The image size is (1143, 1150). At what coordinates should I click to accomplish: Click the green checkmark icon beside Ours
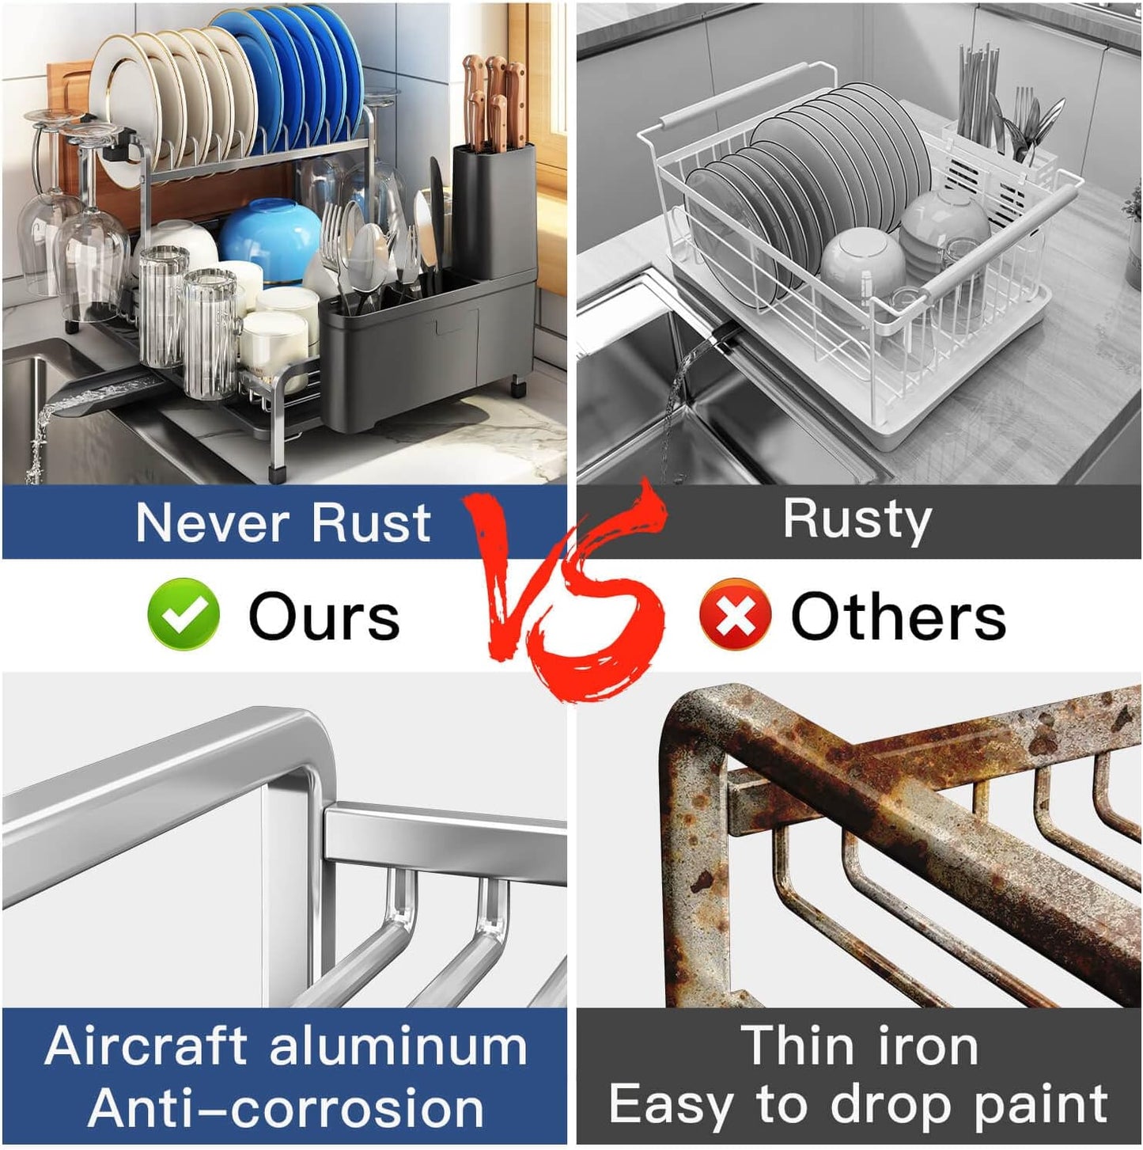pyautogui.click(x=184, y=613)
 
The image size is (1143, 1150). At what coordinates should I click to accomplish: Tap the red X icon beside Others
pyautogui.click(x=735, y=614)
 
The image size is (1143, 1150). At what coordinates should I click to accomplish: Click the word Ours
pyautogui.click(x=324, y=617)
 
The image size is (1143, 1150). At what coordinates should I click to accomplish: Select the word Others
pyautogui.click(x=899, y=616)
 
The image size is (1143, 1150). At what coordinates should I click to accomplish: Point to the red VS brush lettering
pyautogui.click(x=566, y=590)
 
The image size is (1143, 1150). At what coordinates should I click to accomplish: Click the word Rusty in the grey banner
pyautogui.click(x=857, y=520)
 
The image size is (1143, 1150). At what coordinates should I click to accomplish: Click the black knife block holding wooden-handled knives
pyautogui.click(x=494, y=211)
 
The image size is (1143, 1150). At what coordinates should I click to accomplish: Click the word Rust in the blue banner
pyautogui.click(x=371, y=523)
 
